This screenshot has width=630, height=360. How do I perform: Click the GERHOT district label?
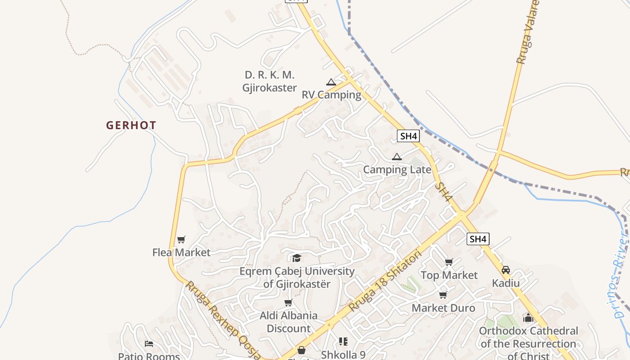(x=131, y=126)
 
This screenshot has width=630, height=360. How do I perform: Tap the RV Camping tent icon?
(x=331, y=82)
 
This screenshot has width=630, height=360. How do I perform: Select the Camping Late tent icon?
(x=396, y=157)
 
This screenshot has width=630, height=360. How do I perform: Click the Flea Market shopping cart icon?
(x=181, y=239)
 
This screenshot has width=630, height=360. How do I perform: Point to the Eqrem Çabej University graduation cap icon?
(x=297, y=258)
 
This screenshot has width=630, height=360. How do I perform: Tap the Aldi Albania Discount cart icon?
(x=288, y=302)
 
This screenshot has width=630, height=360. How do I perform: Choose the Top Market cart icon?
(x=449, y=262)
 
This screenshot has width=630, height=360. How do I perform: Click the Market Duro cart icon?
(x=443, y=295)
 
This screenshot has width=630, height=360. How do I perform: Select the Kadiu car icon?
(x=506, y=270)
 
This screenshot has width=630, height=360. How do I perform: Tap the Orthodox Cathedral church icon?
(x=528, y=318)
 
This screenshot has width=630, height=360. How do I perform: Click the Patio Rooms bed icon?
(x=149, y=344)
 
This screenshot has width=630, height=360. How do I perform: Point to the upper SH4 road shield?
(x=408, y=136)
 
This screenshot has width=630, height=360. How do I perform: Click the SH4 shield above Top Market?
(x=477, y=239)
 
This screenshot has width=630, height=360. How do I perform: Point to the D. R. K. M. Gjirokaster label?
(x=270, y=81)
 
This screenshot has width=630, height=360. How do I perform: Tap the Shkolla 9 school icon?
(x=343, y=342)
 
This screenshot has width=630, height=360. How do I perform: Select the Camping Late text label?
(x=397, y=170)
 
